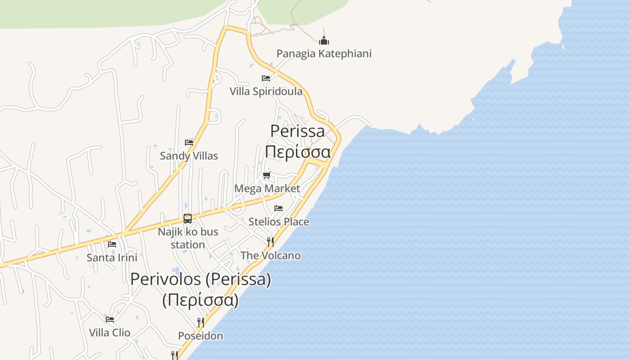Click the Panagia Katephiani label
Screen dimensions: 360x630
[x=324, y=54]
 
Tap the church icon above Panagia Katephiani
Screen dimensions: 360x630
[x=324, y=41]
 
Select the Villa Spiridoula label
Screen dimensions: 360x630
[x=266, y=91]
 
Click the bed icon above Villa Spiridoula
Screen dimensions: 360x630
[x=266, y=78]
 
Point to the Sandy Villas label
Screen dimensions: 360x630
[x=189, y=156]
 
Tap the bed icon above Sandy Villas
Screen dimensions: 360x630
[x=189, y=143]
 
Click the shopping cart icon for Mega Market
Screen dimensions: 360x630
[x=267, y=175]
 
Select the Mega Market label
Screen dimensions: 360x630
[x=267, y=188]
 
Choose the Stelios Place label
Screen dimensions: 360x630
[x=279, y=221]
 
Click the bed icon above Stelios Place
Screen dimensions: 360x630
[x=279, y=208]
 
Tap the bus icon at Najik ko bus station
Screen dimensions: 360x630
[x=188, y=219]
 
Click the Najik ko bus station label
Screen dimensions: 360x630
[x=188, y=238]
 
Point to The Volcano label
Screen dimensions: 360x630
[x=270, y=255]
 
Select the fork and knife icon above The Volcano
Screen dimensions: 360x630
[x=270, y=242]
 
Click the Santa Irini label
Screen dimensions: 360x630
[x=112, y=257]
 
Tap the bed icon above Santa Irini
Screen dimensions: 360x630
[x=112, y=244]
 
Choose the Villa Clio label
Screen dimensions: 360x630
[x=109, y=333]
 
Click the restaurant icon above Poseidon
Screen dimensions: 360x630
[x=201, y=322]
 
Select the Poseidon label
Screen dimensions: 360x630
[x=200, y=336]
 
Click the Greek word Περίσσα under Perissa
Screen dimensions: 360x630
[x=297, y=151]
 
